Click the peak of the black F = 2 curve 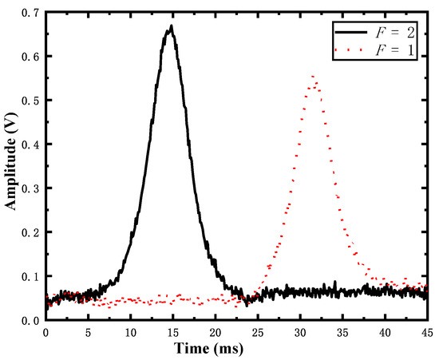(171, 26)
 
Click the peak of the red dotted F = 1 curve (313, 77)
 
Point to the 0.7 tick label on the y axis (30, 13)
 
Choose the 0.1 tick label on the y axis (30, 276)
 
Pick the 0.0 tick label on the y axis (30, 320)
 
